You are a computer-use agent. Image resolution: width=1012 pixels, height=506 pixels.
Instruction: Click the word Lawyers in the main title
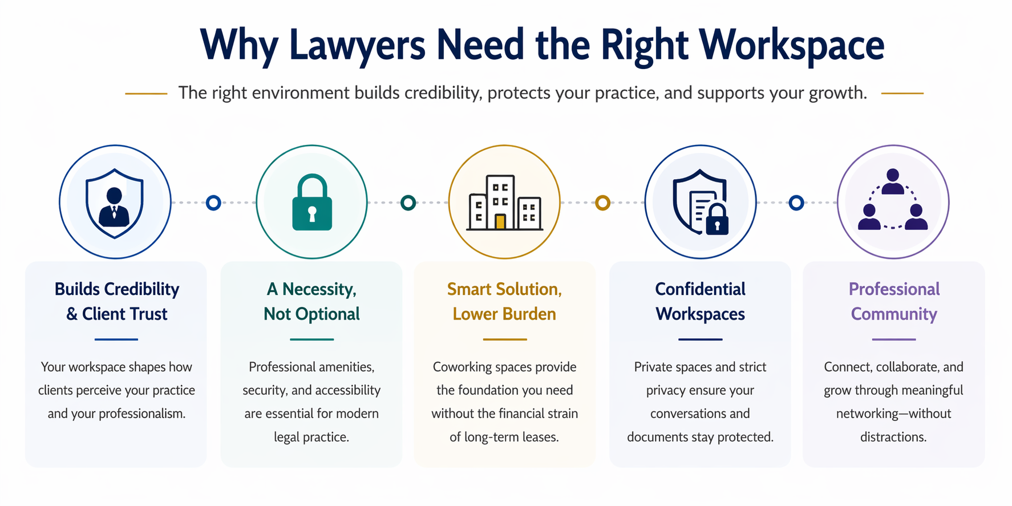pos(357,46)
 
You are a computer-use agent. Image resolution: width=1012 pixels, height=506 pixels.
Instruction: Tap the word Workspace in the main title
pos(791,46)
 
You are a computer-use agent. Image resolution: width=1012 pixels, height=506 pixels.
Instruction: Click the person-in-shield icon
pos(115,203)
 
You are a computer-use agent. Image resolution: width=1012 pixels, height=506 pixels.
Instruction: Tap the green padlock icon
pos(311,203)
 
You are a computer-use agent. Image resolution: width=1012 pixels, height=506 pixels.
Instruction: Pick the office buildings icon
pos(504,203)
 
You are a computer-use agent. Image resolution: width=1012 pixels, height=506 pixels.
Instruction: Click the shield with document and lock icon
pos(700,203)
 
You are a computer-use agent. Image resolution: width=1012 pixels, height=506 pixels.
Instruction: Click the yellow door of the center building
pos(500,221)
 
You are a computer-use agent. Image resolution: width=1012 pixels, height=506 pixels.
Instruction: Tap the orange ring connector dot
pos(602,203)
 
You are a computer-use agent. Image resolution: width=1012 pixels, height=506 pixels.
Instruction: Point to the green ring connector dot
pos(408,203)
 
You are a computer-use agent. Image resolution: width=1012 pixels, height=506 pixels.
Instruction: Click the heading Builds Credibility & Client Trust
pos(117,301)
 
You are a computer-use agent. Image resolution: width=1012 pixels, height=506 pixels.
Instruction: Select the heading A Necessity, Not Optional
pos(311,301)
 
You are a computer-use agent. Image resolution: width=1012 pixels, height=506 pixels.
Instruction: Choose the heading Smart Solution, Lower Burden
pos(504,301)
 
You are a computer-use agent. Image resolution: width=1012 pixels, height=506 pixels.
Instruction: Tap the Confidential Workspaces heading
pos(700,301)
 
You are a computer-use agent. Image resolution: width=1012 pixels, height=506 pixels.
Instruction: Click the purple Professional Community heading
pos(894,301)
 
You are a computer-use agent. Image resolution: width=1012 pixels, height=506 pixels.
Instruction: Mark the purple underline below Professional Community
pos(893,339)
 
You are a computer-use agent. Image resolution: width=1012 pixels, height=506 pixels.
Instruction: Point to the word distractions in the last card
pos(893,438)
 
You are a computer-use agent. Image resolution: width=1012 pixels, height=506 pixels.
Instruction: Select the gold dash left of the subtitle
pos(146,94)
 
